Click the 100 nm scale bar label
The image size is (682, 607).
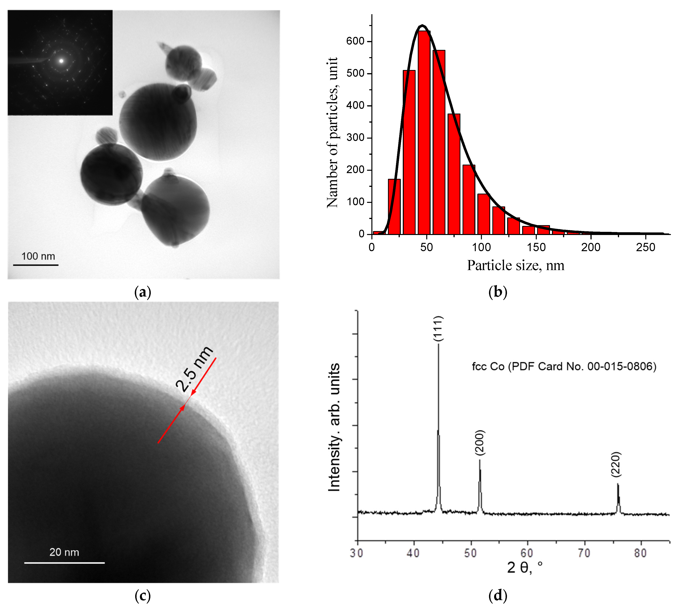(38, 256)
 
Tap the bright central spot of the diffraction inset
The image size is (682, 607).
(61, 61)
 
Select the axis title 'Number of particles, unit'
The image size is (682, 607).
(332, 132)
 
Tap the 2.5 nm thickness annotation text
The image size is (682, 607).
(195, 369)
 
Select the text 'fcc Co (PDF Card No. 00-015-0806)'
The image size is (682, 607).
(564, 366)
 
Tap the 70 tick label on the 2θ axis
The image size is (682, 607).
(584, 553)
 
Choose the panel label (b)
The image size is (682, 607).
(497, 292)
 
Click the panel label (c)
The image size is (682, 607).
(142, 595)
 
